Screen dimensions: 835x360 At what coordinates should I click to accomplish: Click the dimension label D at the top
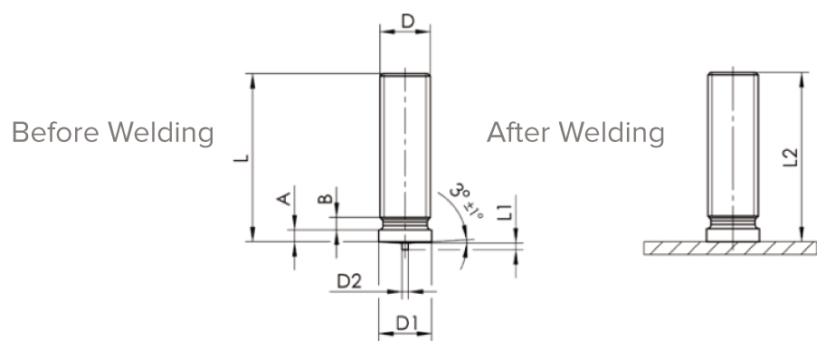[407, 22]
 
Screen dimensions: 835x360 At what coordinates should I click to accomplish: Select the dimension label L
[242, 158]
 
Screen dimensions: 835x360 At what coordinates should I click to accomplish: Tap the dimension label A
[284, 197]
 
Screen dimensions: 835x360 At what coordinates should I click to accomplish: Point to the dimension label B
[326, 199]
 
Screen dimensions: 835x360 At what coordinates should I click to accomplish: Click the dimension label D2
[349, 280]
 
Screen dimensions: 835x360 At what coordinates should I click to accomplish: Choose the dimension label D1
[407, 323]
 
